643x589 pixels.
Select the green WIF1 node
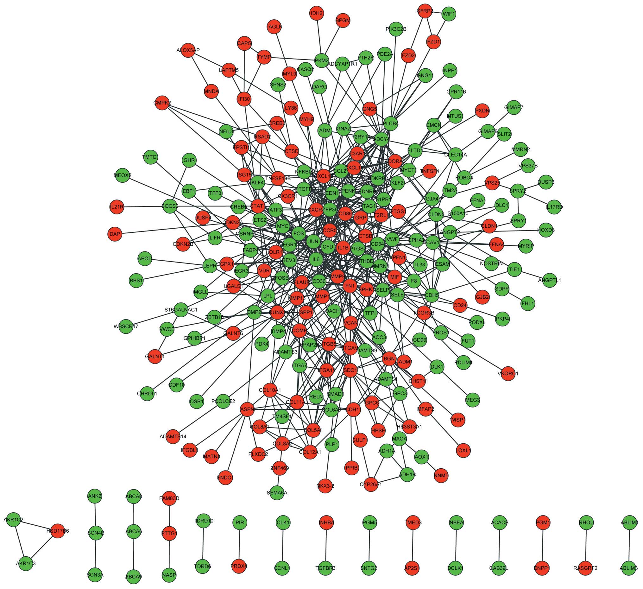pos(449,14)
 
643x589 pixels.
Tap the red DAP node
pos(115,234)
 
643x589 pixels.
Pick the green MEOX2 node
pos(123,175)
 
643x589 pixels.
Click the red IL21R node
pos(116,207)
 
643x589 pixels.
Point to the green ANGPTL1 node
pos(549,280)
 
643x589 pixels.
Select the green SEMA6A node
pos(277,493)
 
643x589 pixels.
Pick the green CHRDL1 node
pos(147,393)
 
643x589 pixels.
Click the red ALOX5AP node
pos(188,50)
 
